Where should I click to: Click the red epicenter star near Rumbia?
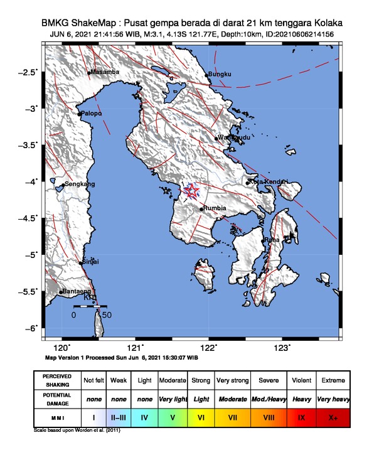click(x=191, y=191)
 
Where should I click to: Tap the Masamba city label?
click(x=105, y=73)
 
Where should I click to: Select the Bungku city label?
click(x=220, y=75)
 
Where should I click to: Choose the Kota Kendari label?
click(x=269, y=182)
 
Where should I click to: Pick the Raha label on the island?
click(x=272, y=240)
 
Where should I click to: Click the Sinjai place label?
click(x=92, y=262)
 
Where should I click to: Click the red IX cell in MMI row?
click(x=302, y=416)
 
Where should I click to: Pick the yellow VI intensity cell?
click(x=201, y=416)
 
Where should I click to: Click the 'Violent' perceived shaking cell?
click(x=302, y=380)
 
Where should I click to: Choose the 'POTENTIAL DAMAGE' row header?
click(x=57, y=398)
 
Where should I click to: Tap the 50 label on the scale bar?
click(x=107, y=314)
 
